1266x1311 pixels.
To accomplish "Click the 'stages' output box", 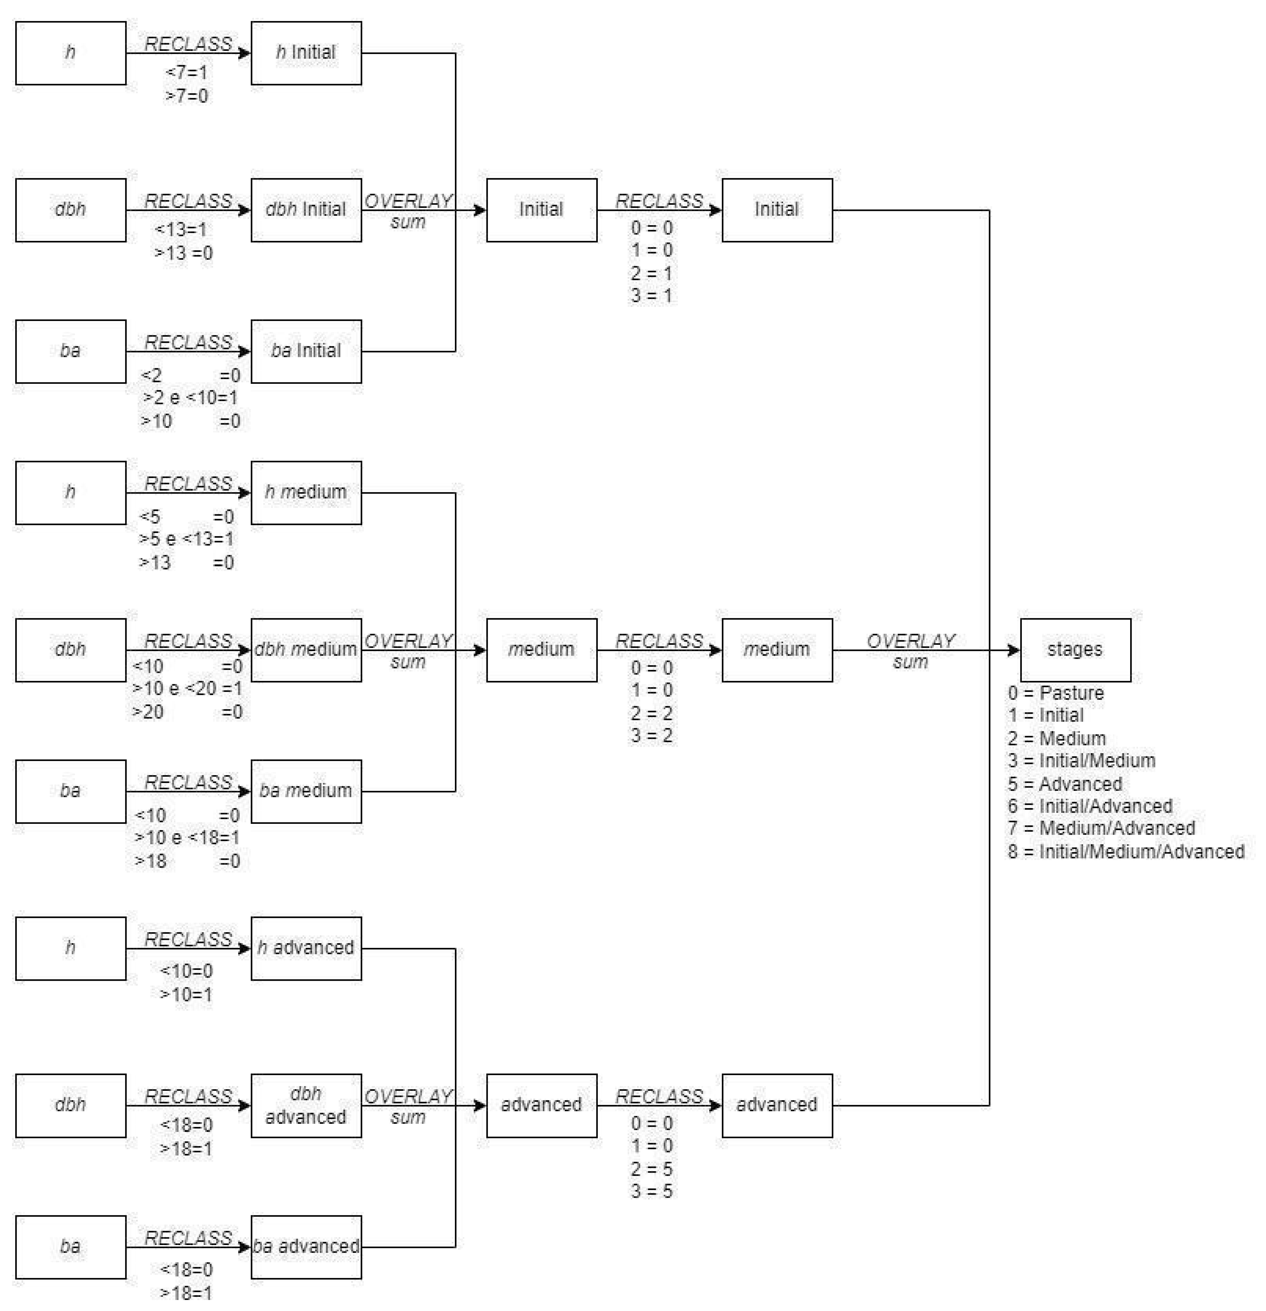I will (x=1075, y=650).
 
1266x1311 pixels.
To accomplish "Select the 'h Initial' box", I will (x=306, y=53).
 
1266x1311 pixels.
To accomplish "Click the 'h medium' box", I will (x=306, y=492).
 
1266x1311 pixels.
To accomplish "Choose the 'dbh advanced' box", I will (x=306, y=1105).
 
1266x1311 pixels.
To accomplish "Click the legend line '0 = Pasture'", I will (x=1055, y=693).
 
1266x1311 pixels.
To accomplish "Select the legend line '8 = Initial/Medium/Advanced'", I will (x=1125, y=852).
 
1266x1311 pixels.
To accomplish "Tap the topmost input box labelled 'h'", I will (x=70, y=53).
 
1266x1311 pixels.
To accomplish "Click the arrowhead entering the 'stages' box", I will (x=1014, y=650).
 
